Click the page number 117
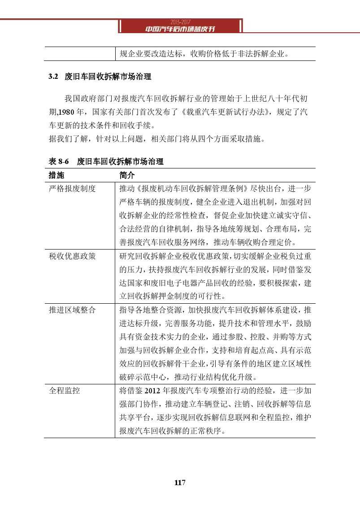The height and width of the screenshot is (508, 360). coord(180,482)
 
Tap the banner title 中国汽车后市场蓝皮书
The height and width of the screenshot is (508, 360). coord(180,29)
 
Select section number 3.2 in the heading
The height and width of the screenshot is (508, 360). coord(54,77)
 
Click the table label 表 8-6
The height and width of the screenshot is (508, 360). coord(58,161)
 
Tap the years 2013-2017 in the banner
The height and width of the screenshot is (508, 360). coord(180,22)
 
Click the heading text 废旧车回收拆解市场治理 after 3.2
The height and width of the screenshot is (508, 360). coord(108,77)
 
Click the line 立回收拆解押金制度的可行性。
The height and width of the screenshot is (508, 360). coord(172,297)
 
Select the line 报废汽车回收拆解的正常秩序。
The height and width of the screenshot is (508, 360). coord(172,431)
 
